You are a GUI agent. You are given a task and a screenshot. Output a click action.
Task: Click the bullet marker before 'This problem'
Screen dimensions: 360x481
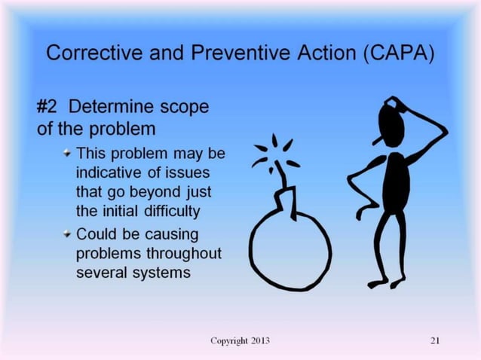[67, 154]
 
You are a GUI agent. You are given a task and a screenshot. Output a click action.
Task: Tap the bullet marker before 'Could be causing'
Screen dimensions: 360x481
[67, 233]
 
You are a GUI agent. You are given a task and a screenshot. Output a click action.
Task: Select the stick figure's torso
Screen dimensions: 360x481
[393, 181]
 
